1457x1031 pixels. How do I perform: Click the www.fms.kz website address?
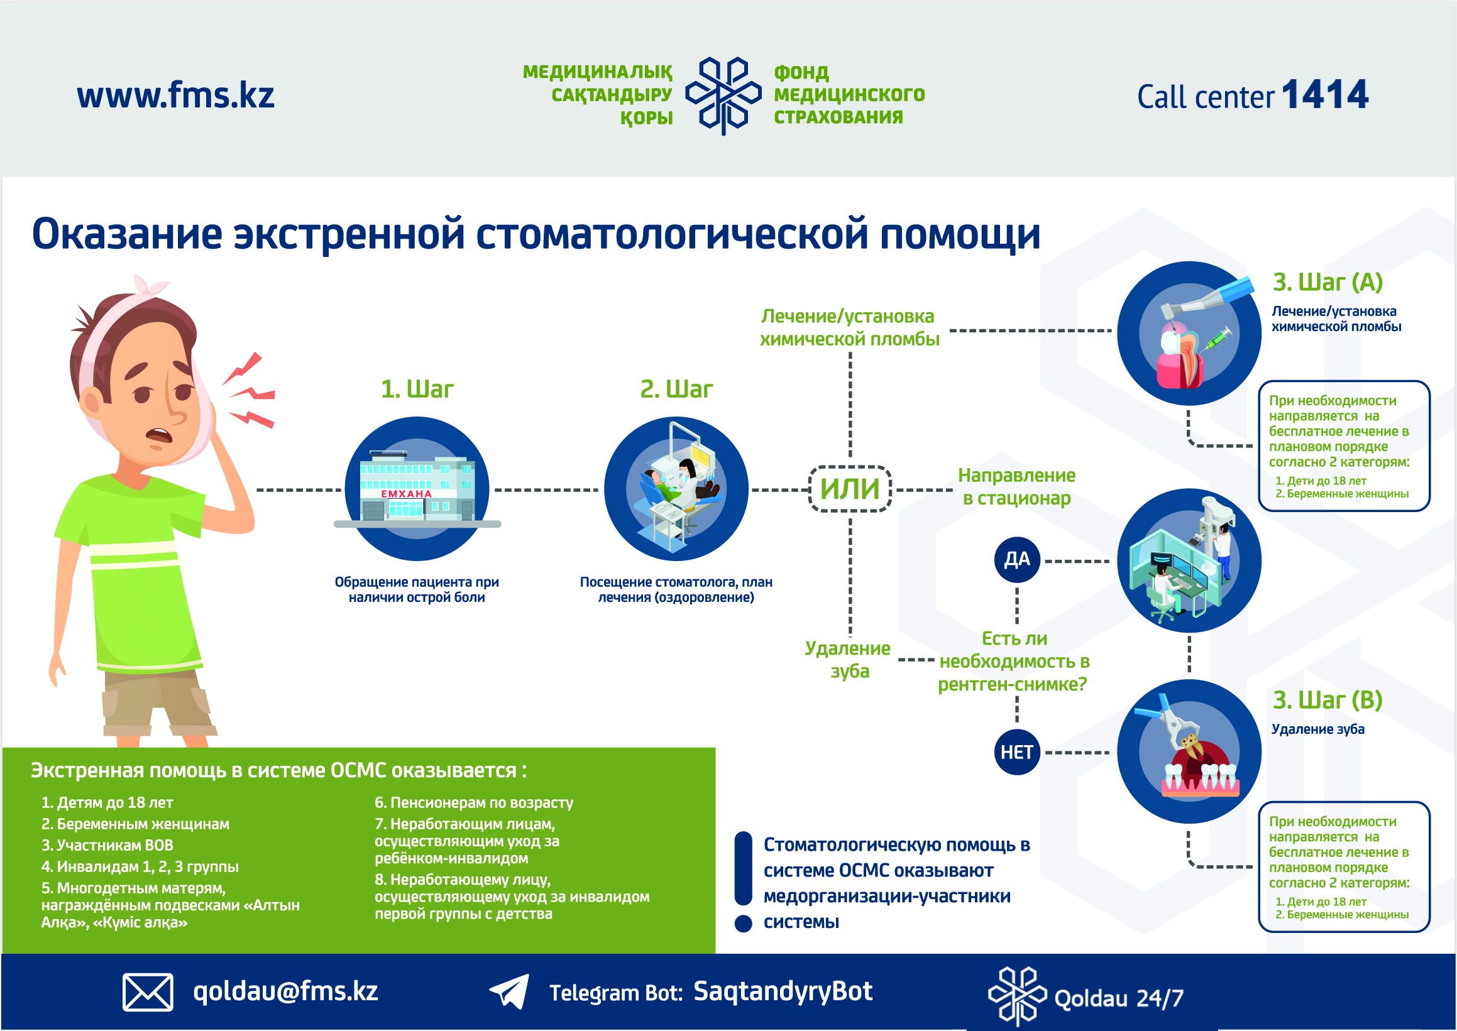point(175,96)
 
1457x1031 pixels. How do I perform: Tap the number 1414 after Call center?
point(1325,95)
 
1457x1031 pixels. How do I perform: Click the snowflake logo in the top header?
point(723,95)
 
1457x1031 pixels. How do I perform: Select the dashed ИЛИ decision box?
point(850,489)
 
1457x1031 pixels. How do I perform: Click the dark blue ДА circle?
point(1017,560)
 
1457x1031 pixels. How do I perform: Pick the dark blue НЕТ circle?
point(1017,752)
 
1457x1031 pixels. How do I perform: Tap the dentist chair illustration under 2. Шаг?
point(676,489)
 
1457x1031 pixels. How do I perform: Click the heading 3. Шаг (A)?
point(1328,282)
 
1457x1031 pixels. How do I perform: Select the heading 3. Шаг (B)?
point(1328,701)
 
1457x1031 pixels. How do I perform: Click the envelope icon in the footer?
point(147,991)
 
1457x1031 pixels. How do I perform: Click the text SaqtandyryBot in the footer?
point(783,991)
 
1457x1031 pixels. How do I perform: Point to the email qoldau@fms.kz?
point(286,991)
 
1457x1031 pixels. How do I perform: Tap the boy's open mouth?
point(159,437)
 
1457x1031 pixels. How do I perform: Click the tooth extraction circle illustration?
point(1189,751)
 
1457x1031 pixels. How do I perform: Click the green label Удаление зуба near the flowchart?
point(849,660)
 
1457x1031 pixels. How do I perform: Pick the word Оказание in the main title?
point(127,234)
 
